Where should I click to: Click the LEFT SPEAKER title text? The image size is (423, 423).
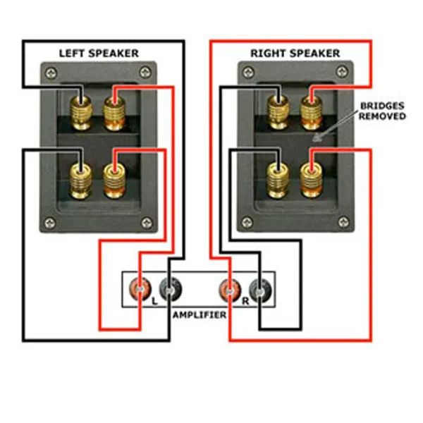98,53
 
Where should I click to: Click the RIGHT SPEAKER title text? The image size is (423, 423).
295,53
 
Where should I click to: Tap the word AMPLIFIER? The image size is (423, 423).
200,314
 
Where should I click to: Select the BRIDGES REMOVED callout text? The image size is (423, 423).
382,111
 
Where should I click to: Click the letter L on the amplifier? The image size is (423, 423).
154,300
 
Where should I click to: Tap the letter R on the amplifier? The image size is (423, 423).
243,300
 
